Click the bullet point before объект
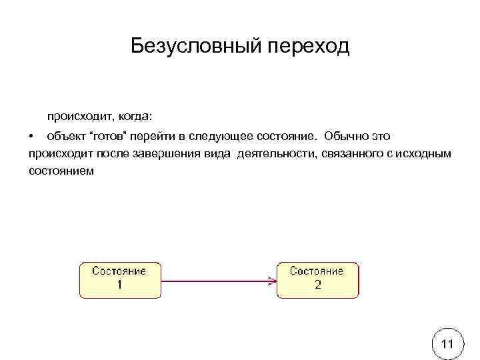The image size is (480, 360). (x=31, y=136)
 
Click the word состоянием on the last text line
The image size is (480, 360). (x=62, y=171)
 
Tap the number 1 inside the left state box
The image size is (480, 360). (x=119, y=284)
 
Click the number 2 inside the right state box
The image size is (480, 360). (x=317, y=284)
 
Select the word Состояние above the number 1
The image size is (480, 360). (x=119, y=271)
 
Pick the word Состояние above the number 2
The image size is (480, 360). (x=317, y=271)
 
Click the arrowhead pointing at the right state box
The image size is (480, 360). (x=273, y=281)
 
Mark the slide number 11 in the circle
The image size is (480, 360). (x=448, y=344)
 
